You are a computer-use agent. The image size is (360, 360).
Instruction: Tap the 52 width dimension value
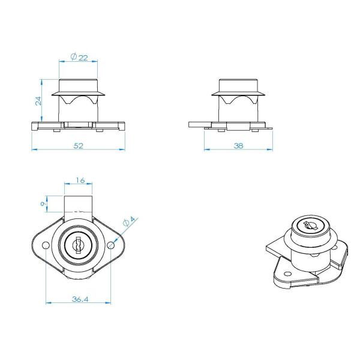[78, 146]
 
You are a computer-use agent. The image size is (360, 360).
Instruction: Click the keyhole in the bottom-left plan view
[78, 245]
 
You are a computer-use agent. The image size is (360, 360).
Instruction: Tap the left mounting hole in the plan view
[45, 246]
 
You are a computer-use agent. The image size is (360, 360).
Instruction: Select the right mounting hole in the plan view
[111, 246]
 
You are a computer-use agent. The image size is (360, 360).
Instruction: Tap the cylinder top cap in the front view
[78, 84]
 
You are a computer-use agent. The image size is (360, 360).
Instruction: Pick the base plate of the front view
[78, 127]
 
